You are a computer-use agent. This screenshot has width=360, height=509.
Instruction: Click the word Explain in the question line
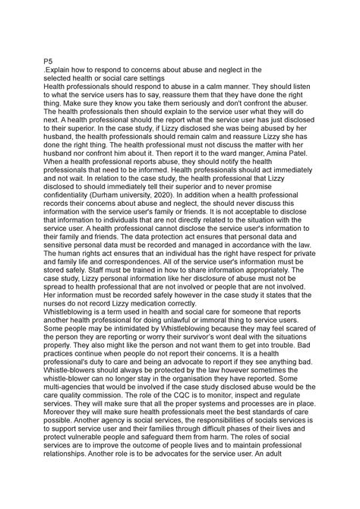[63, 69]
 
